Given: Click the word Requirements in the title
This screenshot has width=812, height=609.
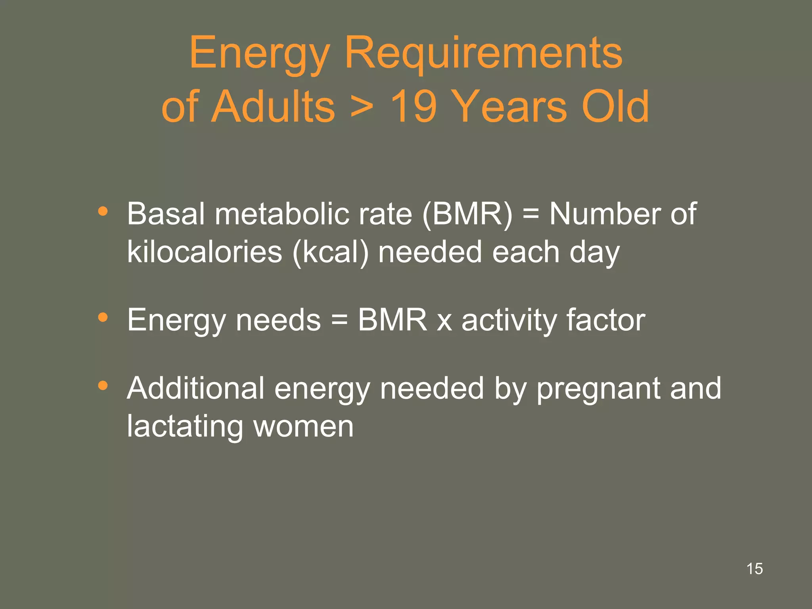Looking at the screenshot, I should point(483,54).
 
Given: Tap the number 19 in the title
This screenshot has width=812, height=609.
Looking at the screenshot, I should point(414,106).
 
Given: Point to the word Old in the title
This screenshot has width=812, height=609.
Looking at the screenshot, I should point(615,106).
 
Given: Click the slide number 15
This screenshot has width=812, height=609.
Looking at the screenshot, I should point(755,569).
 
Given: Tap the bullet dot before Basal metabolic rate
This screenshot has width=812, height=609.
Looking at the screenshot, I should point(103,211).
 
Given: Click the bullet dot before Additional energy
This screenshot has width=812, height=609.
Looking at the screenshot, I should point(103,385).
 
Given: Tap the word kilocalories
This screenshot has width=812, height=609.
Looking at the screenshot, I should point(205,252).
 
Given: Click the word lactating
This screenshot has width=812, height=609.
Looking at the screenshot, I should point(185,427).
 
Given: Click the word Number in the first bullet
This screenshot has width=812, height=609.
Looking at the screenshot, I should point(605,214).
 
